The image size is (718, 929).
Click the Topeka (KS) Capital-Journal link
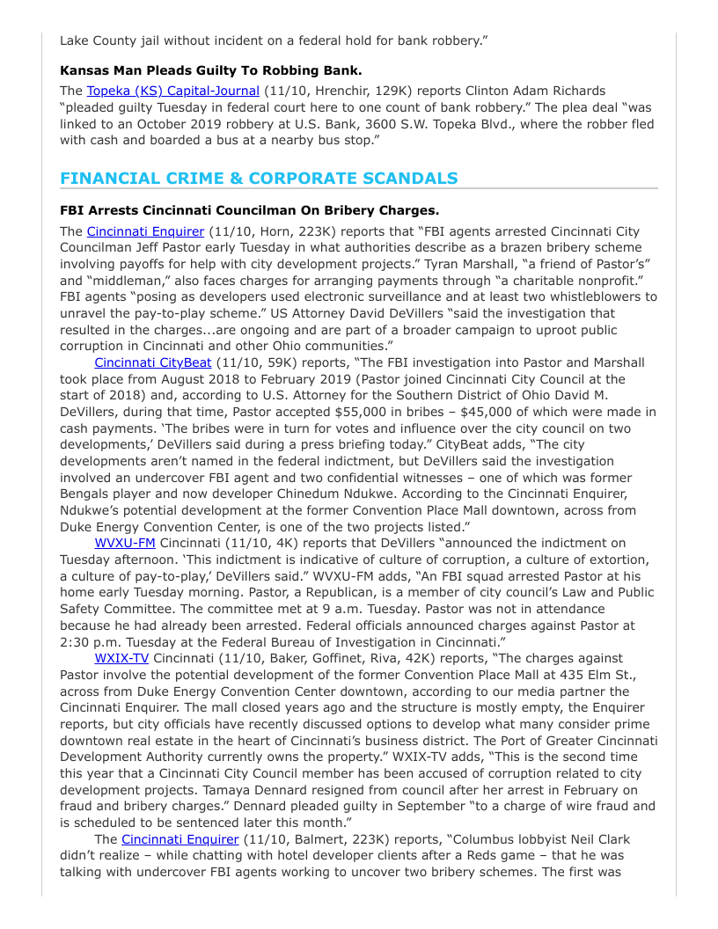coord(172,91)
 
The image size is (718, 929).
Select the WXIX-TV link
coord(121,658)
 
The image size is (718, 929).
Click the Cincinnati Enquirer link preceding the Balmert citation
coord(179,839)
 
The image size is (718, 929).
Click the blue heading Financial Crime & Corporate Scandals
coord(259,179)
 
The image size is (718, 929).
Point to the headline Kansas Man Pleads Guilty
coord(211,69)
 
